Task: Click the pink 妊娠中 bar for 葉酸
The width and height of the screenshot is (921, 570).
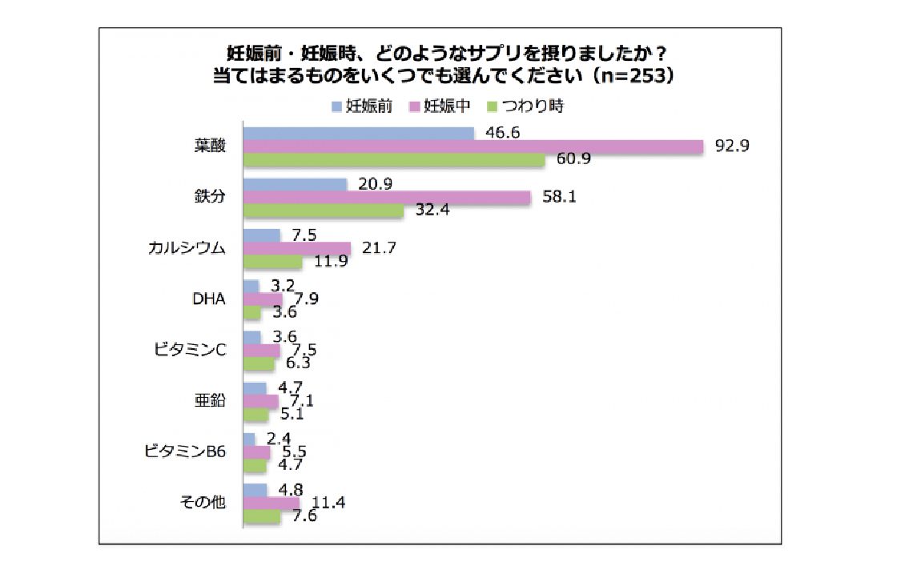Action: pos(473,147)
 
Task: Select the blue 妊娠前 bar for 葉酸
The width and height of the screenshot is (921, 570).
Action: pos(358,133)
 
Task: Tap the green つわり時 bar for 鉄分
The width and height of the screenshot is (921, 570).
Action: pos(323,211)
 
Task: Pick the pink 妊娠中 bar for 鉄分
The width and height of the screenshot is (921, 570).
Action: pos(387,198)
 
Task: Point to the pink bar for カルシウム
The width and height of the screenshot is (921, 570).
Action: pos(296,248)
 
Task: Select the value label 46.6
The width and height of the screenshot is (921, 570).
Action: pos(503,132)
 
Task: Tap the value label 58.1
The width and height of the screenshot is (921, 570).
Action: pos(559,197)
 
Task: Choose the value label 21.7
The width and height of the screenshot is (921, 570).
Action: pos(379,248)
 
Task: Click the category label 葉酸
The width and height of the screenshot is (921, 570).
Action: pos(210,147)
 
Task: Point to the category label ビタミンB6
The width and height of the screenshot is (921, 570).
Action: pos(186,452)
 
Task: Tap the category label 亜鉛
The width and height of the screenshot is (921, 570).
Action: pos(210,401)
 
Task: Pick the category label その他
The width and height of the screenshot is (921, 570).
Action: pos(205,503)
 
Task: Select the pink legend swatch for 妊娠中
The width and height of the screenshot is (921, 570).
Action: pos(415,106)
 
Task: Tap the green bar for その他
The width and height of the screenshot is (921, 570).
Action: pos(261,516)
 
